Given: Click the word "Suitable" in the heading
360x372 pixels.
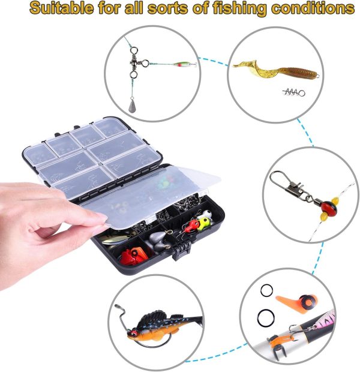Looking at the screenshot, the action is (61, 8).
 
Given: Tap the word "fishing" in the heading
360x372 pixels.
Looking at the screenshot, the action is (239, 9).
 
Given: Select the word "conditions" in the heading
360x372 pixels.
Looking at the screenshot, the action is (313, 8).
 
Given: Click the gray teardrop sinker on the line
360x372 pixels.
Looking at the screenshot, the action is (132, 107).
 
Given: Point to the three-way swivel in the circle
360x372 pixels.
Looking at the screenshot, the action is (136, 63).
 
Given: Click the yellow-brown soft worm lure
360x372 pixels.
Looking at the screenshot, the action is (275, 70).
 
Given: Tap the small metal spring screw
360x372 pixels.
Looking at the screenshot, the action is (294, 92).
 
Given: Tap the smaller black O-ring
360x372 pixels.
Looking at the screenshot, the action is (266, 290).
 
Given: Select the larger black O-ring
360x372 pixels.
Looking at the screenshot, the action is (266, 317).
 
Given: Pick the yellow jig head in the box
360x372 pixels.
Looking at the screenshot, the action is (203, 223).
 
